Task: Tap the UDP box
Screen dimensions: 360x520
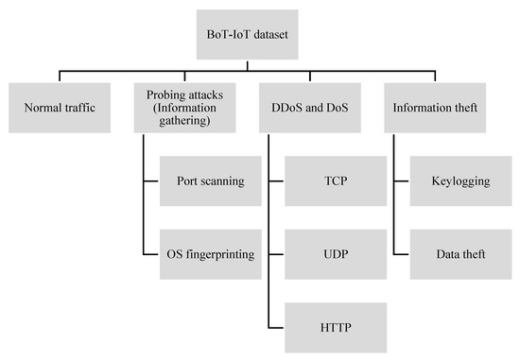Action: click(335, 255)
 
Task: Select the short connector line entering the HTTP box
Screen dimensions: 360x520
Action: click(276, 327)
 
